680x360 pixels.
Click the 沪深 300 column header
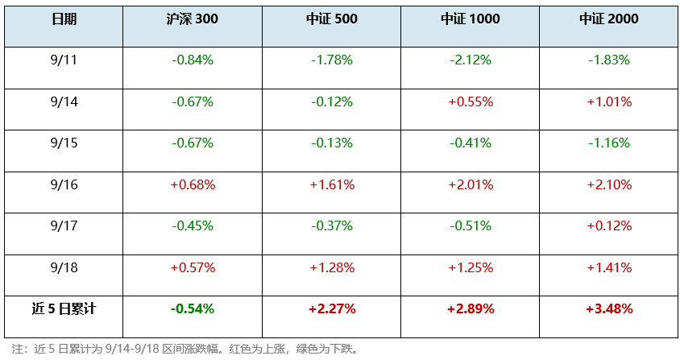coord(192,19)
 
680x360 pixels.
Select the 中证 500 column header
coord(332,19)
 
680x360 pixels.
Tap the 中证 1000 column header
coord(470,19)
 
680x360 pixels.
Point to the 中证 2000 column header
coord(609,19)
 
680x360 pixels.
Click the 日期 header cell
coord(64,19)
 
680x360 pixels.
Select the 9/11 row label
coord(64,60)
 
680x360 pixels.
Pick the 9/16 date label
coord(64,184)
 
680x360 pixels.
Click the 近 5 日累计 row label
coord(64,308)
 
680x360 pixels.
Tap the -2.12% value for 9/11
coord(471,60)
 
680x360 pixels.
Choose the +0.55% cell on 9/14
coord(471,102)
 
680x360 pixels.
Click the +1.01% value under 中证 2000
coord(609,102)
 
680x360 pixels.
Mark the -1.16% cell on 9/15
coord(609,143)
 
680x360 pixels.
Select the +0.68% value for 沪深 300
coord(193,184)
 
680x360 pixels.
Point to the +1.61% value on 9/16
coord(332,184)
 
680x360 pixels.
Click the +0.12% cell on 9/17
coord(609,226)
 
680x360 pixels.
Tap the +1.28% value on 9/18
coord(332,267)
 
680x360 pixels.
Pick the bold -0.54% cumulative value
coord(193,308)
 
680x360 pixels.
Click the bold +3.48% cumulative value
coord(609,308)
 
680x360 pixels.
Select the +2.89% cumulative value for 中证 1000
coord(471,308)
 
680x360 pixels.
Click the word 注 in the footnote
coord(18,350)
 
